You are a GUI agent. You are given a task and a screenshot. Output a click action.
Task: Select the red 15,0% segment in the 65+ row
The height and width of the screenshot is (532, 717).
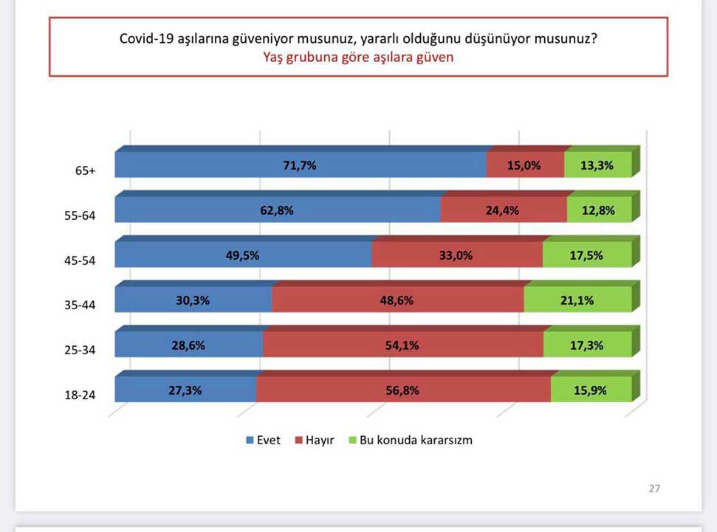(525, 165)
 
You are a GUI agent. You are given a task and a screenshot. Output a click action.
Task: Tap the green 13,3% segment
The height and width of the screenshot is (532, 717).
(597, 165)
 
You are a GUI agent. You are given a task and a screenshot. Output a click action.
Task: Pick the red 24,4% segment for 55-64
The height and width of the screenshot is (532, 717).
(504, 210)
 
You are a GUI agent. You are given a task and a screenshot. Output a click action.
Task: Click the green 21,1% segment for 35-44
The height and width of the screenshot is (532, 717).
(577, 300)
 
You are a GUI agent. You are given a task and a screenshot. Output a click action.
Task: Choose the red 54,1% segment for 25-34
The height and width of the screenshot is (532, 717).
(402, 345)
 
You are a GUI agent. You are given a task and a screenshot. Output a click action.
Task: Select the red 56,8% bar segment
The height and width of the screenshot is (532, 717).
(402, 390)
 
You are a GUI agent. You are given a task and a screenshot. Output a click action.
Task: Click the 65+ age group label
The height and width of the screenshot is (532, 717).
(86, 170)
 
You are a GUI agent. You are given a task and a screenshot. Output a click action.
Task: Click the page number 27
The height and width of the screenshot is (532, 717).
(654, 488)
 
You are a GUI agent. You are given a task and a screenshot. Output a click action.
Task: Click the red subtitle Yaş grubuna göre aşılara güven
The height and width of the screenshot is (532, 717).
(358, 57)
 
